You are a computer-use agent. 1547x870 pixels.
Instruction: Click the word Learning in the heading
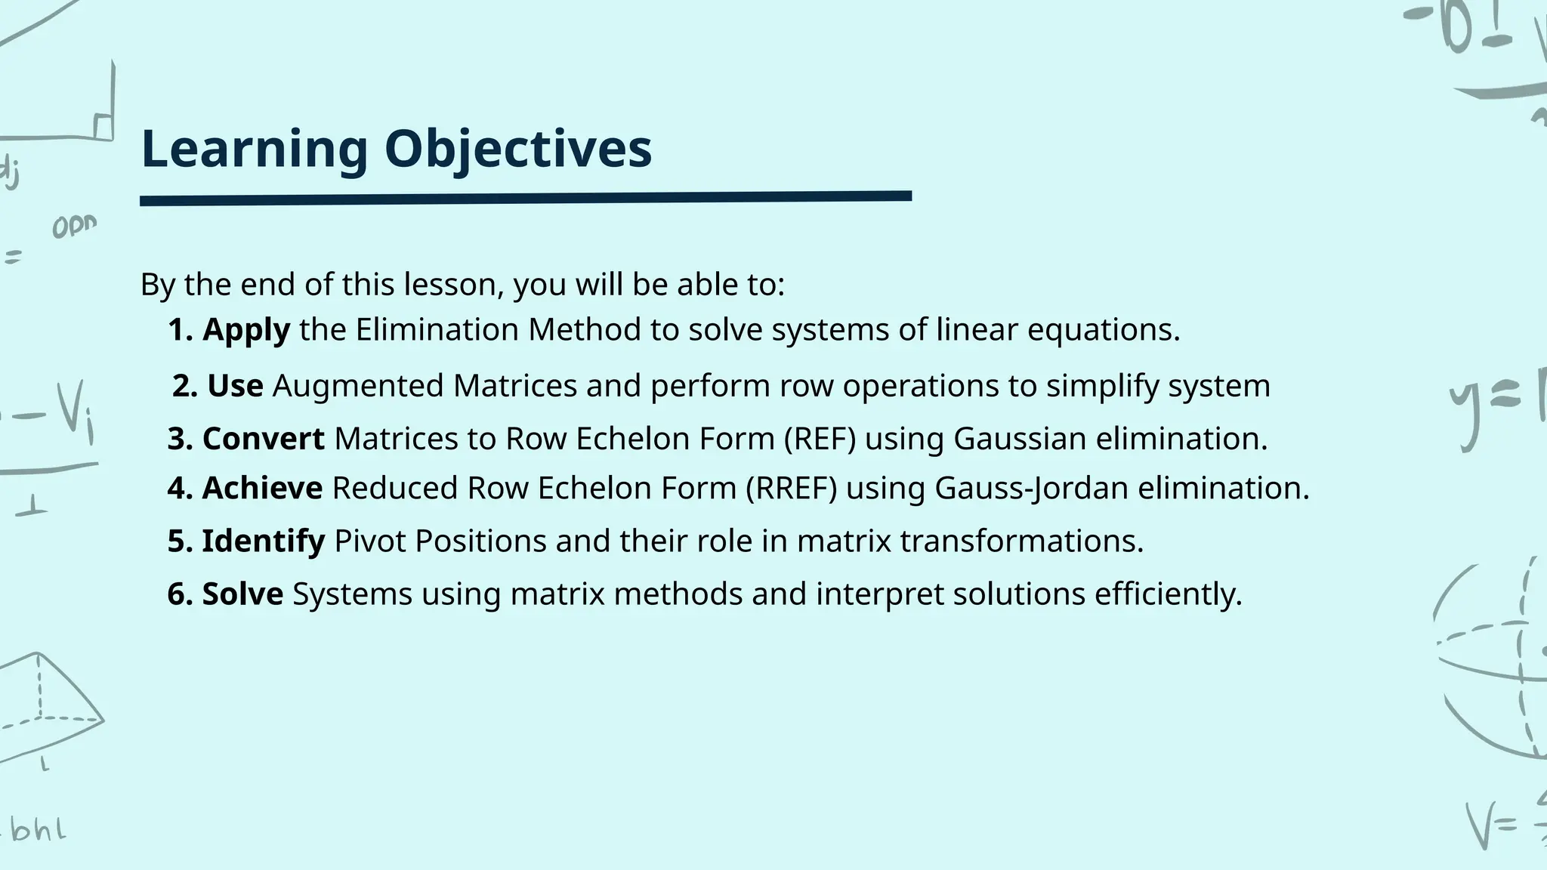click(x=254, y=149)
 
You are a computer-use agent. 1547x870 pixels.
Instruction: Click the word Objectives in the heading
click(x=517, y=149)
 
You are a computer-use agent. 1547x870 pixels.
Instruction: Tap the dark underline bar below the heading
click(x=526, y=199)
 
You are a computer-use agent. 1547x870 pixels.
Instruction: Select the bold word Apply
click(x=246, y=330)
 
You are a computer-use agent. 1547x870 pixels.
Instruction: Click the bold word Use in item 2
click(x=235, y=386)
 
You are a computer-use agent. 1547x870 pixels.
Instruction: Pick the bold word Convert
click(x=263, y=439)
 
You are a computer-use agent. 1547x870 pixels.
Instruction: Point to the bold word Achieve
click(x=262, y=488)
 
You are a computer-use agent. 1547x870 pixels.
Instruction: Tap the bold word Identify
click(x=263, y=541)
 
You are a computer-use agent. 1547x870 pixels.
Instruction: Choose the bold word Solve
click(x=242, y=594)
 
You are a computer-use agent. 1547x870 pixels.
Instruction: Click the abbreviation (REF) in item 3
click(x=820, y=439)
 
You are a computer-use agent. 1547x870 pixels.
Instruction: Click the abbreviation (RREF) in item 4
click(x=791, y=488)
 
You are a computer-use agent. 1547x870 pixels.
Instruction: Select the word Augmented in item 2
click(x=358, y=386)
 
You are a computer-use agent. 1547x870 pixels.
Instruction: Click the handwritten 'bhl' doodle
click(x=38, y=831)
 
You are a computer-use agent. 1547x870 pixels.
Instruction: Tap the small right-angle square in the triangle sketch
click(x=103, y=127)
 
